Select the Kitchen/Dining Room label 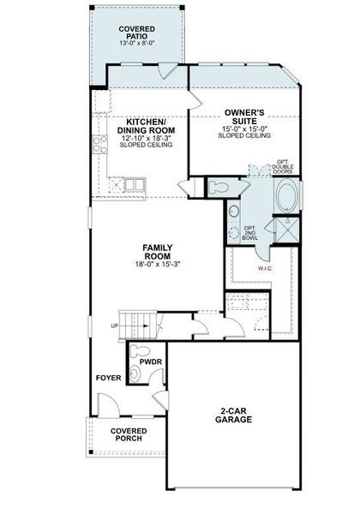(146, 126)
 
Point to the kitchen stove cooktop (100, 144)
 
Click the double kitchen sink (135, 184)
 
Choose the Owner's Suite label (244, 117)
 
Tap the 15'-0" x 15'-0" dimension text (244, 128)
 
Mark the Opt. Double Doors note (283, 166)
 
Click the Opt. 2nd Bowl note (250, 233)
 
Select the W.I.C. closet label (265, 268)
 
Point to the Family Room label (158, 252)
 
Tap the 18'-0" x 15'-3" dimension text (158, 264)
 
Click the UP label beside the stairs (115, 326)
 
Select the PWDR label (151, 362)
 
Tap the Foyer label (109, 378)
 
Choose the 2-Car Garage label (233, 415)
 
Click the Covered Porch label (129, 434)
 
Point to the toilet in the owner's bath (218, 188)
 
